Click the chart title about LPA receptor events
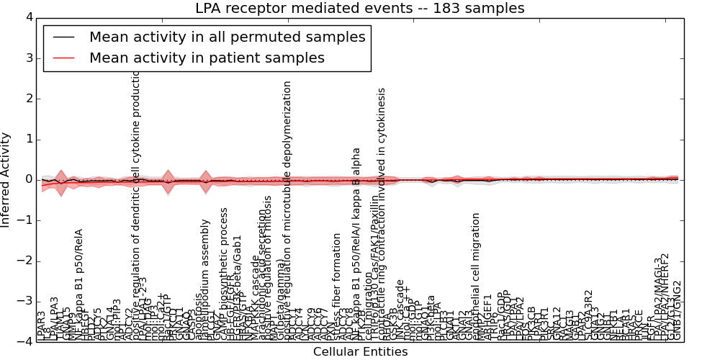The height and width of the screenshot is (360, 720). coord(360,9)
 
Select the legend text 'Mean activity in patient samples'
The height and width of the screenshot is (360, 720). coord(207,58)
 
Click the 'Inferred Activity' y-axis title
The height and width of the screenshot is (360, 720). coord(6,179)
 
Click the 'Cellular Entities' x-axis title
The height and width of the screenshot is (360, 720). coord(360,352)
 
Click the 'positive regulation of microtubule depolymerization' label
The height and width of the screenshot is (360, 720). coord(288,209)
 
